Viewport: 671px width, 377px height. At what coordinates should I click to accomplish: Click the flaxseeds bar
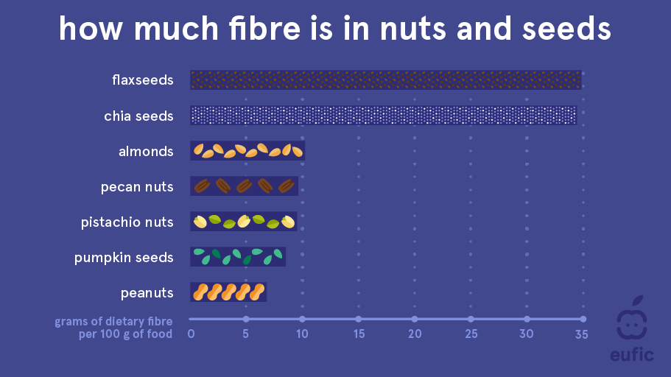click(385, 80)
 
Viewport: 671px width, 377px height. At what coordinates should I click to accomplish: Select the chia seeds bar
click(384, 116)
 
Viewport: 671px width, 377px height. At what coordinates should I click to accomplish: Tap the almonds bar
click(247, 151)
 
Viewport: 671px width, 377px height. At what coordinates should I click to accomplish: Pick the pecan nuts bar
click(244, 186)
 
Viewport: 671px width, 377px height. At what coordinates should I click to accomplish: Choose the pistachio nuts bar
click(244, 222)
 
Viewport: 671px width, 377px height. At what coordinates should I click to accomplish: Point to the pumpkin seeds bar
click(238, 257)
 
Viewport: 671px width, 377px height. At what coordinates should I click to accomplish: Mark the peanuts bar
click(228, 292)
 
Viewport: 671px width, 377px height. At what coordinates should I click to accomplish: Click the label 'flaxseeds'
click(142, 80)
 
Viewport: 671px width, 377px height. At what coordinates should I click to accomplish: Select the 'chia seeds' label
click(138, 116)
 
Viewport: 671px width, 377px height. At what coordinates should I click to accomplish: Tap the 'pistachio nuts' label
click(127, 222)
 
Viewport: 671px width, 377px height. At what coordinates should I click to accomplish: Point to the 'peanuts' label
click(147, 293)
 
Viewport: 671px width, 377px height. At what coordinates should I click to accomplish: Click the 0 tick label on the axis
click(191, 334)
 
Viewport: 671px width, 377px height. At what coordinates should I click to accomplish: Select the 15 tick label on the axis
click(359, 334)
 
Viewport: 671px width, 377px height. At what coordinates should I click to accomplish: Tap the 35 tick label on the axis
click(582, 334)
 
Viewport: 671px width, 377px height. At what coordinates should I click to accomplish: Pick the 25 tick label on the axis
click(471, 334)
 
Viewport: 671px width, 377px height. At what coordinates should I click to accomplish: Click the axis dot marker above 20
click(415, 320)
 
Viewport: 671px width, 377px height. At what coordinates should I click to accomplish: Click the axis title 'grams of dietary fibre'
click(113, 321)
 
